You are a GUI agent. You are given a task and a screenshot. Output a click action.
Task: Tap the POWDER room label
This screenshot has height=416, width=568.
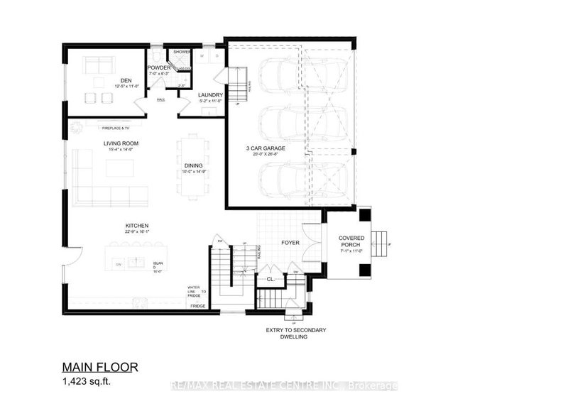(x=158, y=68)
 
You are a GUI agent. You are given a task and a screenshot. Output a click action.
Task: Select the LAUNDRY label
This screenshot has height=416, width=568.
(x=211, y=94)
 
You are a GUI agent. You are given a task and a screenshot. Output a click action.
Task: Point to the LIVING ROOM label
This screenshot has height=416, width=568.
(x=120, y=143)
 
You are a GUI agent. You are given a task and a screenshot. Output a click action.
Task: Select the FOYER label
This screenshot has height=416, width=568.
(x=290, y=243)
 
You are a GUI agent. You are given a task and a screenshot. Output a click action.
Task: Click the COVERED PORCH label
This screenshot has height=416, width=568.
(x=352, y=241)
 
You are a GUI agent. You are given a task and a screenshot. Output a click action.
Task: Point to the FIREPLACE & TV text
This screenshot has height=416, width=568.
(x=116, y=128)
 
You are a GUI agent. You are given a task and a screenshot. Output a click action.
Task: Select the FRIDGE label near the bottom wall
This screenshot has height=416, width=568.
(x=197, y=305)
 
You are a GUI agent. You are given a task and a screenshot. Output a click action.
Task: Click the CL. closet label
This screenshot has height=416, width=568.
(x=271, y=279)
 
